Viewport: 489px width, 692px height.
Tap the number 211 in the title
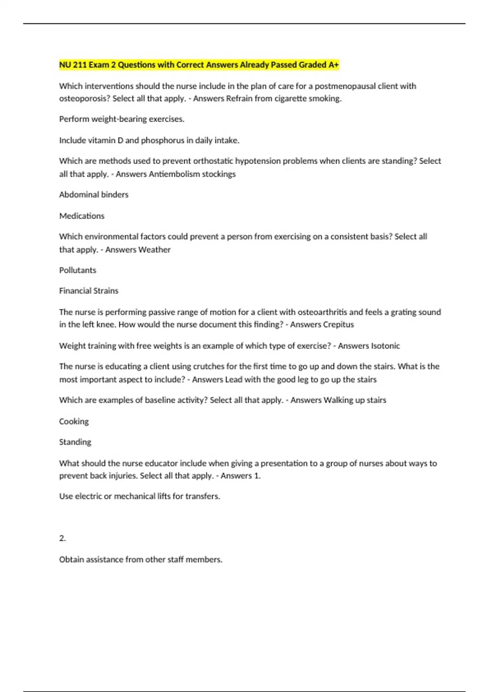[80, 65]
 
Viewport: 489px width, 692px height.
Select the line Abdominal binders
[94, 195]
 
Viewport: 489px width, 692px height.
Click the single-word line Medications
[82, 216]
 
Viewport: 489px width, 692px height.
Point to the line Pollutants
[78, 270]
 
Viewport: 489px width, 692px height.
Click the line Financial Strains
[89, 291]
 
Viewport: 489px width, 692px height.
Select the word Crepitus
[338, 324]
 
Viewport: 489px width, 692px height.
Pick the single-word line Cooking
[74, 421]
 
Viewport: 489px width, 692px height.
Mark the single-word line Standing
[75, 442]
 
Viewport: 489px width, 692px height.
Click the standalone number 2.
[62, 538]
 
